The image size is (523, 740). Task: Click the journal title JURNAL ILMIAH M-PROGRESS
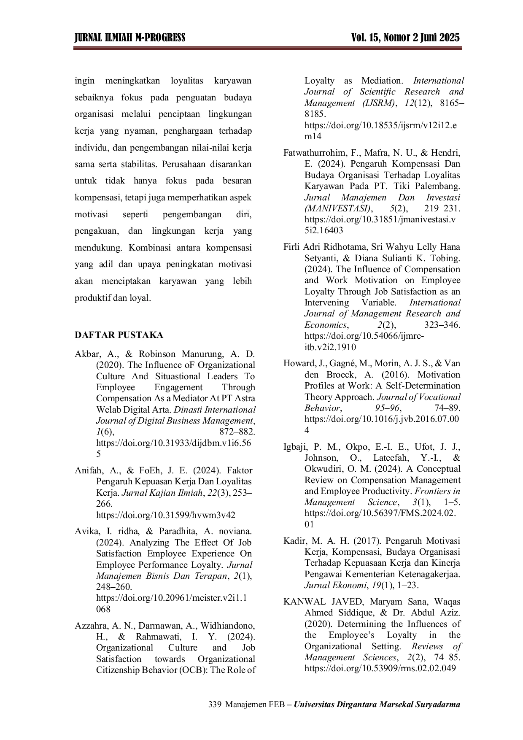[130, 38]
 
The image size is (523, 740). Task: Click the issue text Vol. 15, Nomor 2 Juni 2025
[405, 38]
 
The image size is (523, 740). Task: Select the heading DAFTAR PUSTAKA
[119, 335]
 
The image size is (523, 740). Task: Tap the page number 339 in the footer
[215, 704]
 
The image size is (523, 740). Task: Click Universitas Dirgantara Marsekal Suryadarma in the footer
[377, 705]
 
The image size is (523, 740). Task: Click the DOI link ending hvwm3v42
[166, 515]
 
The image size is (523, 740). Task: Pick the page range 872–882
[237, 432]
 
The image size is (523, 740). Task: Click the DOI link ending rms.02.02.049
[380, 668]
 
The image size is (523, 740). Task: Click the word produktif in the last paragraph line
[92, 298]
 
